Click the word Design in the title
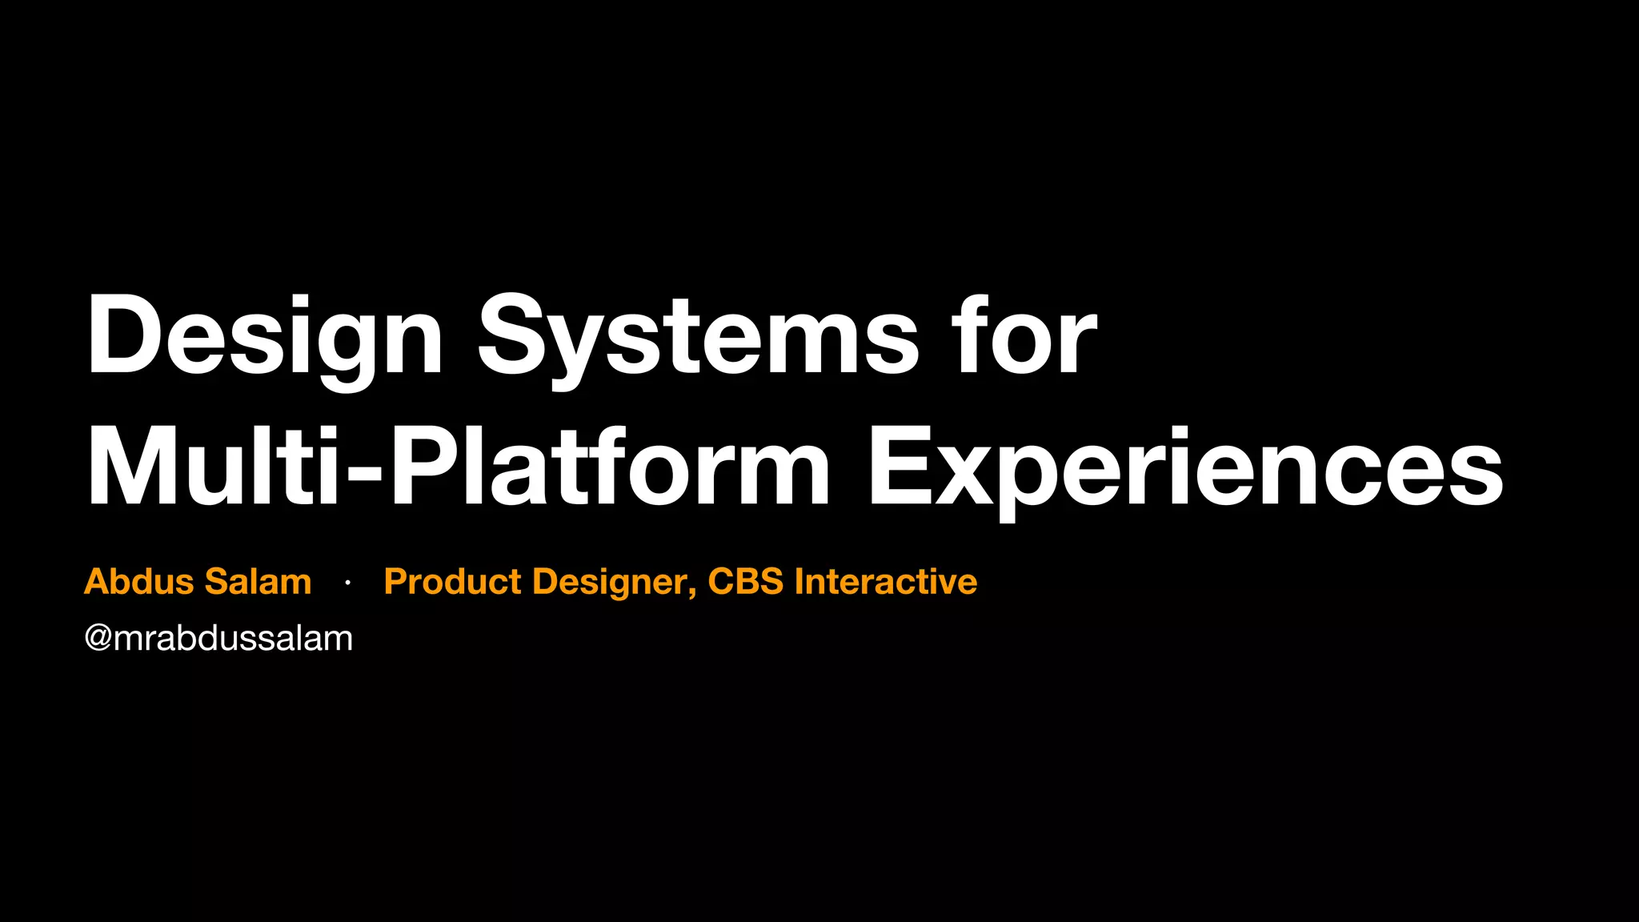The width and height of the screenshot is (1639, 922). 264,336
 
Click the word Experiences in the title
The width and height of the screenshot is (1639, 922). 1185,468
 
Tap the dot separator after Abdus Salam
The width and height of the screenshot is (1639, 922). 347,583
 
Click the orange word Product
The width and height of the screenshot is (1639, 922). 452,582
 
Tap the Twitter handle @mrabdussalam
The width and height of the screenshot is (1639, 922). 218,639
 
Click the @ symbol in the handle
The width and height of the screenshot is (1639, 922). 98,639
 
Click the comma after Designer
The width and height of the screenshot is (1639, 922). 691,593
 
